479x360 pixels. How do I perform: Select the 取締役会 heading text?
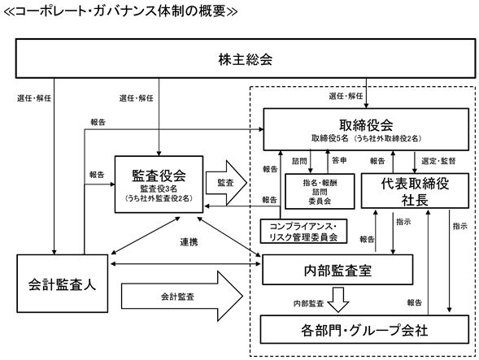click(x=366, y=125)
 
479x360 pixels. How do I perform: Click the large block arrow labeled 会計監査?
click(x=182, y=296)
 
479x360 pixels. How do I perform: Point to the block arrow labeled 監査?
click(x=226, y=183)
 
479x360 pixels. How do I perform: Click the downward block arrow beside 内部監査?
click(x=338, y=300)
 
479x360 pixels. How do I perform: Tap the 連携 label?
click(x=189, y=242)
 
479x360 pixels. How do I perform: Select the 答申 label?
click(x=339, y=160)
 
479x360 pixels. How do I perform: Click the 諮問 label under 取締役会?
click(x=299, y=161)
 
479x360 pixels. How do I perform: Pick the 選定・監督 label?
click(x=438, y=161)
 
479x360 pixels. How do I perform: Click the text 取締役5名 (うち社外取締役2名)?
click(x=366, y=138)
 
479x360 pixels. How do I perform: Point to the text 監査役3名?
click(x=159, y=189)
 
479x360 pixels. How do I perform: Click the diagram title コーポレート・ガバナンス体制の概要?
click(x=120, y=11)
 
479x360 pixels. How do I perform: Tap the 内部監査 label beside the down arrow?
click(x=308, y=303)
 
